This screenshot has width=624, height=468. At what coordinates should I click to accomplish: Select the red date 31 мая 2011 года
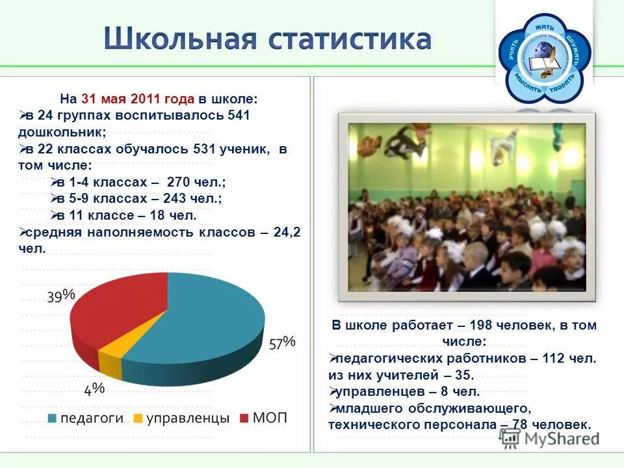(138, 99)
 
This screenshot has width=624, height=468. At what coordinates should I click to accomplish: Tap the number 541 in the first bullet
(237, 116)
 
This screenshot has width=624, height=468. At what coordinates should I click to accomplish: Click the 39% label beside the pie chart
(60, 296)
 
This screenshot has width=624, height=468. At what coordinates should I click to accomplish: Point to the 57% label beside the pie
(282, 342)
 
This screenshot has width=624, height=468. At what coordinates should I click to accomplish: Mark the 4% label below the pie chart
(94, 389)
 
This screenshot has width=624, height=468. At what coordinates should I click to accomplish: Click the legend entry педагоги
(91, 418)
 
